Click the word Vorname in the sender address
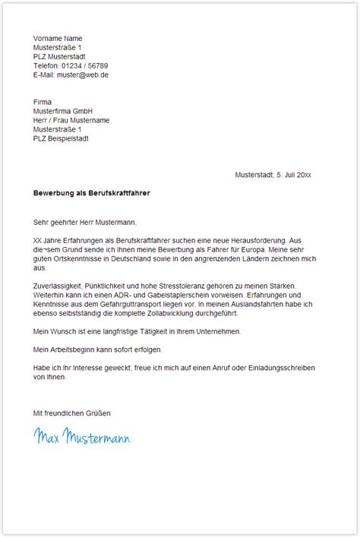(47, 38)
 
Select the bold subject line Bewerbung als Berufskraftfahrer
(91, 193)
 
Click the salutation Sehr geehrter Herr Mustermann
(84, 222)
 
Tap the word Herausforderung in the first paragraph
(257, 240)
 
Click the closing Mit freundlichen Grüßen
(72, 413)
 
